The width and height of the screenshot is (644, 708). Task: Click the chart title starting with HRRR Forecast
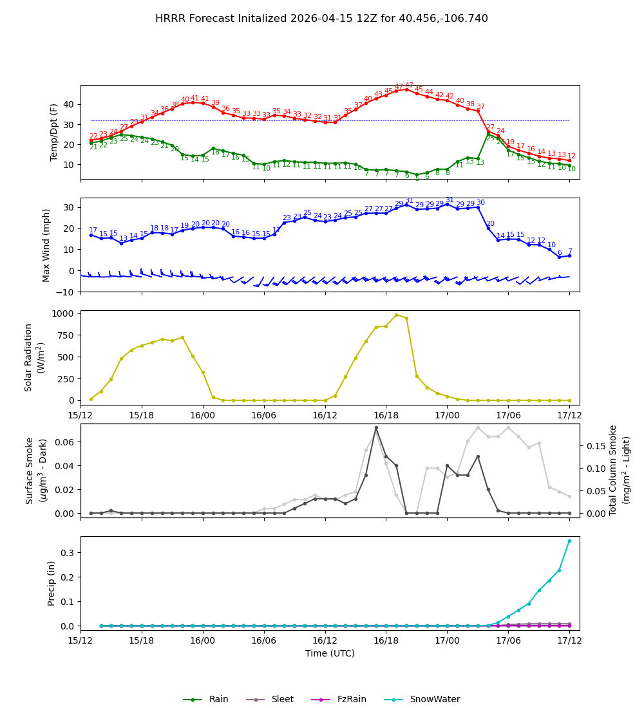(321, 19)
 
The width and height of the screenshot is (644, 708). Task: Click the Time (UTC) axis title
(330, 653)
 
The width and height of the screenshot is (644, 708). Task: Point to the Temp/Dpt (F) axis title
(54, 132)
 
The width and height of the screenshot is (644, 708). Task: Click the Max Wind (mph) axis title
(46, 245)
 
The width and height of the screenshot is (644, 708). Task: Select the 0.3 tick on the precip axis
(68, 553)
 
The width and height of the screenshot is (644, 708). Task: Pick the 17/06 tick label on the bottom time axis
(508, 641)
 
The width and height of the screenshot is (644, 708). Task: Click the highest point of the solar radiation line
(396, 315)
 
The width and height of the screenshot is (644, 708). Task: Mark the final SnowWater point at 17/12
(569, 541)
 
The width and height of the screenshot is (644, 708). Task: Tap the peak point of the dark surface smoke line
(376, 427)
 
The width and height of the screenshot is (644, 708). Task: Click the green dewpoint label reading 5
(417, 178)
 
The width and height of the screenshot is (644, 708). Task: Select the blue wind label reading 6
(559, 253)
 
